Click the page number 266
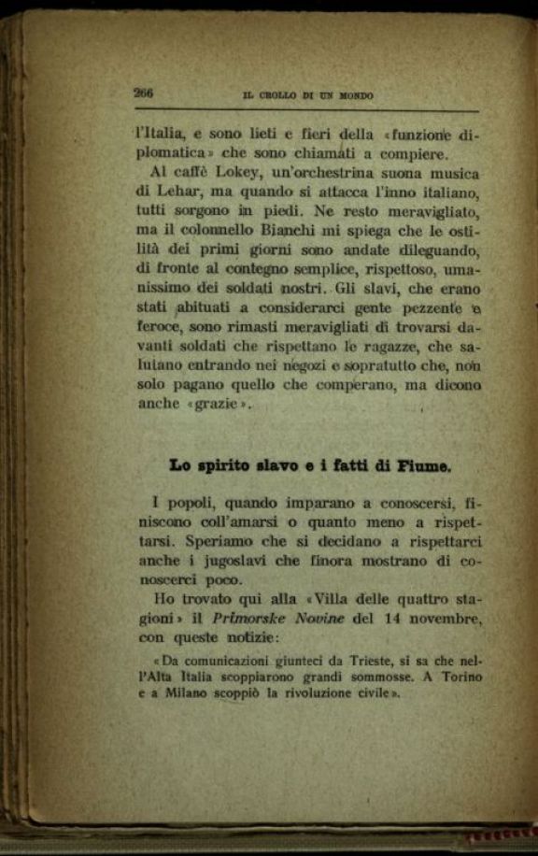click(x=144, y=93)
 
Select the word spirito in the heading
click(x=234, y=465)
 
